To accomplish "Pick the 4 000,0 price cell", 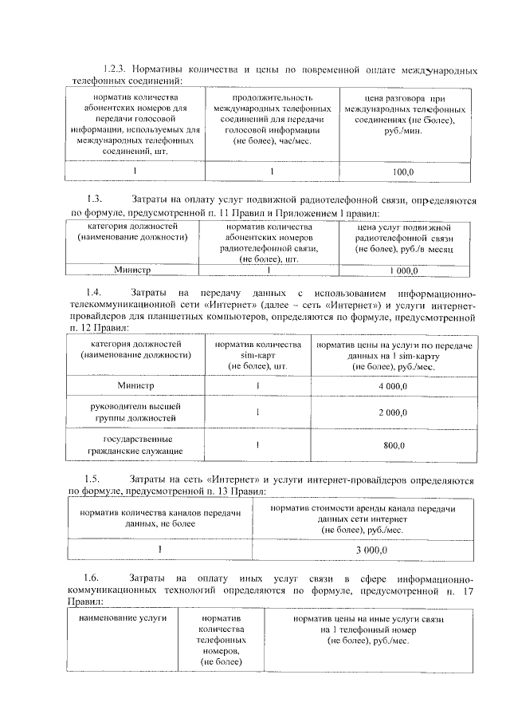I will pyautogui.click(x=394, y=386).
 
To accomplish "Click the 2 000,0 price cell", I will pyautogui.click(x=394, y=412).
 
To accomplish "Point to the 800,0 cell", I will pyautogui.click(x=394, y=445).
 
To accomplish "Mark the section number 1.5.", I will pyautogui.click(x=95, y=479).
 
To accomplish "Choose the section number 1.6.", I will pyautogui.click(x=95, y=578).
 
